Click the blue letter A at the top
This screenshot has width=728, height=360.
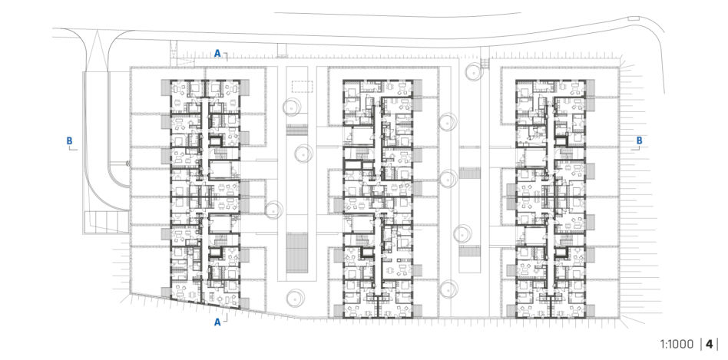point(217,54)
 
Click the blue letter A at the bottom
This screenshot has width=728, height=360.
point(217,322)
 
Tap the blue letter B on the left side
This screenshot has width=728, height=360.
point(69,140)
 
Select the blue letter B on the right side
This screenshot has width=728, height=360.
point(640,140)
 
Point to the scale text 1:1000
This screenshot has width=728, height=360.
point(678,344)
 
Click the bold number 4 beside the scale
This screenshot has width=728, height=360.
point(709,344)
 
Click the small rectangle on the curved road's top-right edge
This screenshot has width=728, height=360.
point(633,18)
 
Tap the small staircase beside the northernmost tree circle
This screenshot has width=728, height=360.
point(485,63)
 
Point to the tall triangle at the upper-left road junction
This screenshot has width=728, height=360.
point(97,50)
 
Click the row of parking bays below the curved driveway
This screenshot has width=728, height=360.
point(106,221)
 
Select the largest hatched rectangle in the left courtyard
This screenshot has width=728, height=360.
point(297,253)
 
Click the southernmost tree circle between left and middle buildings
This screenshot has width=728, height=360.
point(295,297)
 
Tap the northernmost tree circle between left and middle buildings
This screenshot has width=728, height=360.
point(292,107)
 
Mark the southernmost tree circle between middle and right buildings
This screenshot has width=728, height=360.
point(448,289)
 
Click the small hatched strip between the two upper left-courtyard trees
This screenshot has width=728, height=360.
point(297,130)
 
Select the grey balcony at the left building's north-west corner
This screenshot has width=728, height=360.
point(166,88)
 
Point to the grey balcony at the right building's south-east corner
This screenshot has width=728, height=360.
point(590,310)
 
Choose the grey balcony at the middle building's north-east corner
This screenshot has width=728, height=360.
point(418,88)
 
